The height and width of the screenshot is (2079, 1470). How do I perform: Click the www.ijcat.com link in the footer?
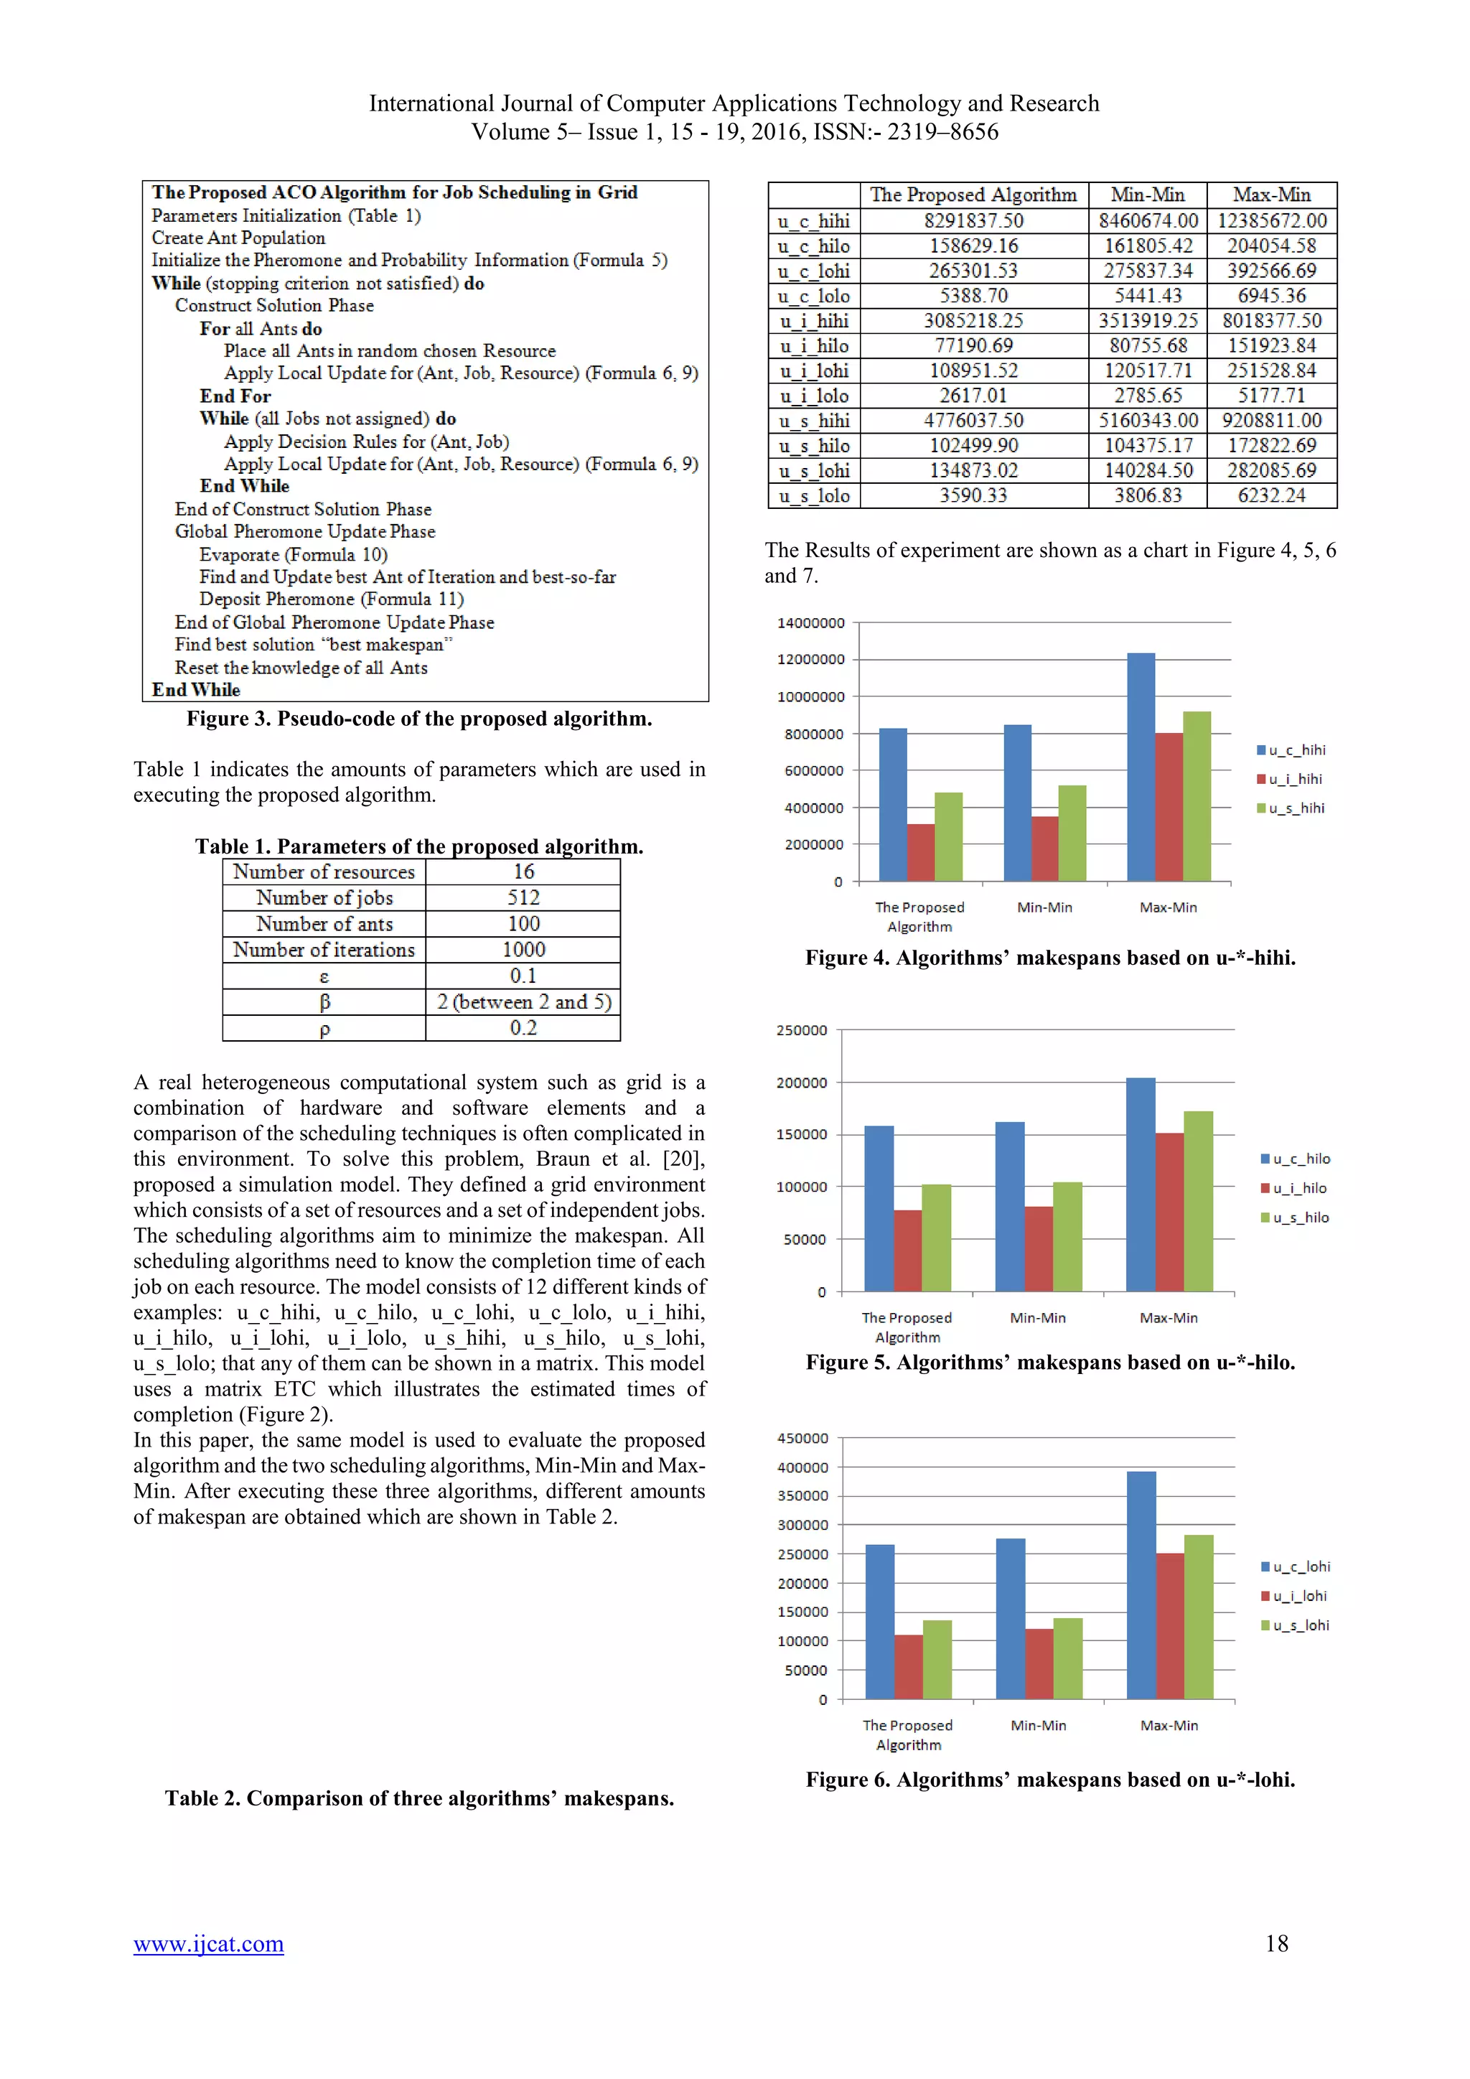pos(208,1944)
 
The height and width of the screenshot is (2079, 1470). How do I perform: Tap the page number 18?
pos(1276,1943)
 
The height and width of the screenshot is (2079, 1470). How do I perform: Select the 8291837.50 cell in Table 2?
pos(973,221)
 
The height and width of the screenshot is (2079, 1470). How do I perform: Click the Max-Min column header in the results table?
pos(1271,195)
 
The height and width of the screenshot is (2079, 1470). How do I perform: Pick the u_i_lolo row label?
pos(813,396)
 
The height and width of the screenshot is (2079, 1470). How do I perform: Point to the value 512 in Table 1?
pos(523,897)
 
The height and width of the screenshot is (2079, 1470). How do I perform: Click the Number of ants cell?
pos(324,924)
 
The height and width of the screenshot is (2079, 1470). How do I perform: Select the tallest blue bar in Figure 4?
pos(1141,766)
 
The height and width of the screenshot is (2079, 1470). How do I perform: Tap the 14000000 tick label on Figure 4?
pos(810,623)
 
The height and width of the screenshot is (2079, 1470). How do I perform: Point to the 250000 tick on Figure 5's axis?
pos(801,1030)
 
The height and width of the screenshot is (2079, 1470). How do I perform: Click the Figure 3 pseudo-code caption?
pos(419,719)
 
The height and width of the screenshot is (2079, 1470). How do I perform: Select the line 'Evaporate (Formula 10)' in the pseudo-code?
pos(294,554)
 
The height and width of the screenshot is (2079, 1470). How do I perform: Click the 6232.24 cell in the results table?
pos(1271,495)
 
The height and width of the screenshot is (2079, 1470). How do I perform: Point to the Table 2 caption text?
pos(419,1798)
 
